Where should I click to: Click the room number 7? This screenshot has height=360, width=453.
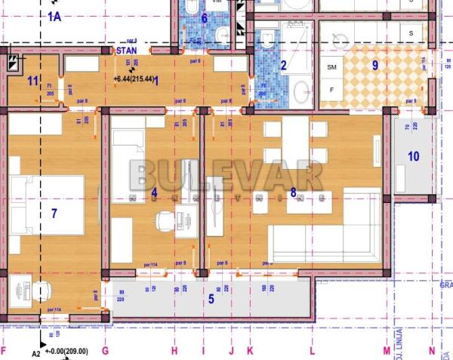click(x=54, y=213)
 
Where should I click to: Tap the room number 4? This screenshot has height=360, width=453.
click(x=154, y=192)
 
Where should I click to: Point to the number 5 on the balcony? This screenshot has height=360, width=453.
click(x=211, y=300)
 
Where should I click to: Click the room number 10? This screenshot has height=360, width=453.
click(x=413, y=157)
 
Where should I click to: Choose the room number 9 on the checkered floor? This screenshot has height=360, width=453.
click(x=375, y=65)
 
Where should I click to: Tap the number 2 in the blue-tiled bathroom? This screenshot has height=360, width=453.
click(x=284, y=66)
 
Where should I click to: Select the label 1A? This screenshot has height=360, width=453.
click(x=54, y=15)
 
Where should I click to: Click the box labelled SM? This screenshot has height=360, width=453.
click(x=331, y=67)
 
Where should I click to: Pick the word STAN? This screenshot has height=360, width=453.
click(x=122, y=50)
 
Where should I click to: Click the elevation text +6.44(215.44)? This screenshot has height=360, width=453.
click(x=134, y=78)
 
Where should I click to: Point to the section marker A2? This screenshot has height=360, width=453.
click(x=35, y=352)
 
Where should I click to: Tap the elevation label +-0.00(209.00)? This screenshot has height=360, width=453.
click(x=66, y=351)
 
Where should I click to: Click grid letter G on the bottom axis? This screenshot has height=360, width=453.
click(x=105, y=351)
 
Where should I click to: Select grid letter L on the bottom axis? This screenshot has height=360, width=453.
click(x=311, y=351)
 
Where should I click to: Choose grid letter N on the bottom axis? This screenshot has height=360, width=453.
click(x=432, y=351)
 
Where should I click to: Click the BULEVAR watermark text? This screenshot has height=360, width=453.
click(x=226, y=176)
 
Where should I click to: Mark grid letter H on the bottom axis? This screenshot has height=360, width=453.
click(x=174, y=351)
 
